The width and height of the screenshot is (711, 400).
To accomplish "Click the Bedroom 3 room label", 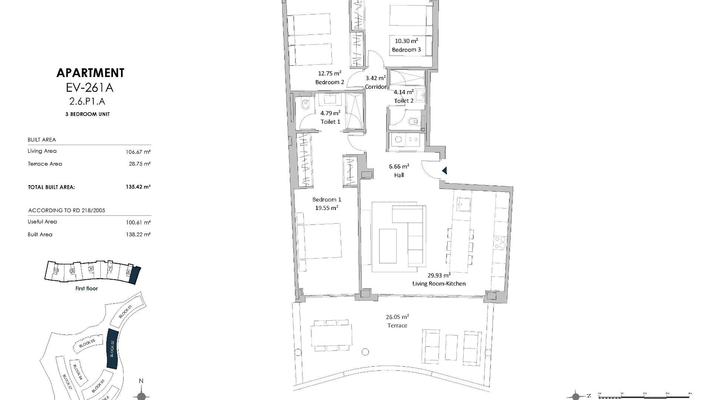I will (x=406, y=50).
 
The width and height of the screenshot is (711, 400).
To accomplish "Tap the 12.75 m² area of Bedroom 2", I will (x=330, y=73).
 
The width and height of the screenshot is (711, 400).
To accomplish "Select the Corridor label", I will (x=375, y=87).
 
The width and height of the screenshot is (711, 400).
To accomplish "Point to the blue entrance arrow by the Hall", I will (x=445, y=171).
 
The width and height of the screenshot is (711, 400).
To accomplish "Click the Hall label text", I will (x=399, y=175).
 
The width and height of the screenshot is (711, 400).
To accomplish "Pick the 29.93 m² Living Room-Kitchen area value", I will (x=439, y=275).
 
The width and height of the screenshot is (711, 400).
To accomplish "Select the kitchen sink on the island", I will (x=463, y=204).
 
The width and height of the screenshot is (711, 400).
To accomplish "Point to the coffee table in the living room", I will (x=388, y=246).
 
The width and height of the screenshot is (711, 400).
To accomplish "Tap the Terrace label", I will (x=397, y=326).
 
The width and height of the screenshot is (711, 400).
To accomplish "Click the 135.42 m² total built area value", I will (x=138, y=187).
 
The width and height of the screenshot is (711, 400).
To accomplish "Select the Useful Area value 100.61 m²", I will (x=138, y=223).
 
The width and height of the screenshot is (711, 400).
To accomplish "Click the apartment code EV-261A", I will (x=90, y=88).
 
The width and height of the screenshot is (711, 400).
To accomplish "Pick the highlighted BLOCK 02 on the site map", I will (x=112, y=349).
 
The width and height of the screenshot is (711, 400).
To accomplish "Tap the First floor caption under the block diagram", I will (x=86, y=289).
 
